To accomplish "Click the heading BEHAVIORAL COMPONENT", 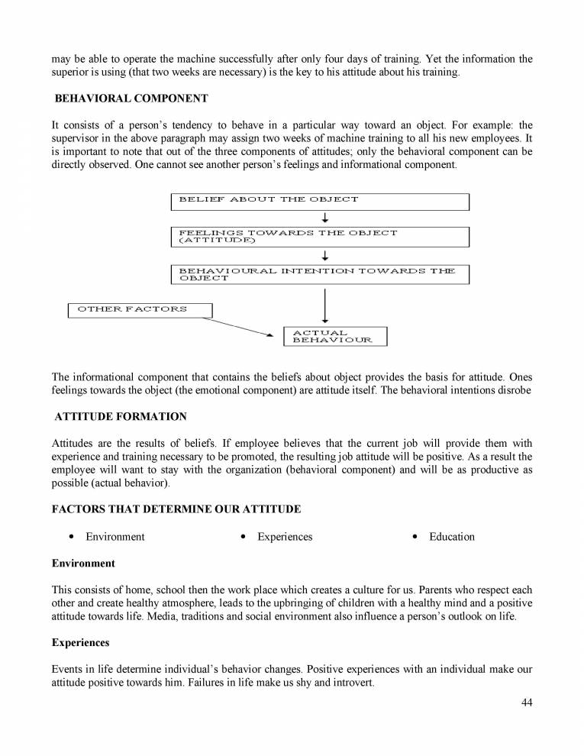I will [131, 99].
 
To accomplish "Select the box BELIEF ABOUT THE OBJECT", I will [319, 201].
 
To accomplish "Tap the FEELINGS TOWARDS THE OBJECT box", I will [319, 236].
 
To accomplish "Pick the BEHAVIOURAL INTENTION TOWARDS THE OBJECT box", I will [319, 274].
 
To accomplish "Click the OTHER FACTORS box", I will [140, 309].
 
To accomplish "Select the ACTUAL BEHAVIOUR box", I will [335, 336].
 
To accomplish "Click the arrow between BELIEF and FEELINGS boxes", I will [325, 218].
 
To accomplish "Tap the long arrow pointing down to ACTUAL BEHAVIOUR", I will [325, 305].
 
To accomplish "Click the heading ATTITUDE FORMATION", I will [121, 417].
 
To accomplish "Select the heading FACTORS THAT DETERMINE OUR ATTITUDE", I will [176, 509].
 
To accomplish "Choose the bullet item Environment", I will [115, 537].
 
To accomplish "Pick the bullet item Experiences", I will [285, 537].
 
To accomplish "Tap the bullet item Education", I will [451, 537].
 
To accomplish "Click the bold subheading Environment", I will [83, 564].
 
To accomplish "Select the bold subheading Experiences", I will [80, 643].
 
